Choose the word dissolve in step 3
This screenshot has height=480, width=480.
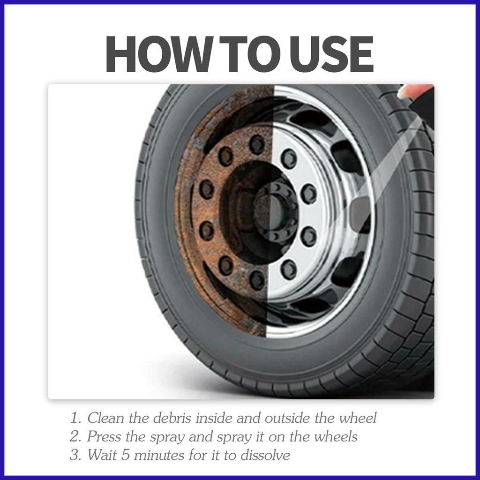pos(265,455)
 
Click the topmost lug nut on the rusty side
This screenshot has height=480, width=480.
pos(256,144)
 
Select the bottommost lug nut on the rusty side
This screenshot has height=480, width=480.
pos(256,280)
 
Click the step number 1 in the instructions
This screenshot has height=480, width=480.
pos(75,418)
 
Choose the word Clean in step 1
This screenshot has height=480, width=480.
pos(106,418)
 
